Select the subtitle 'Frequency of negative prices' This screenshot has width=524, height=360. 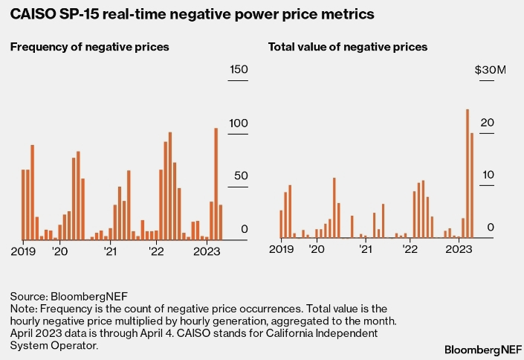point(89,47)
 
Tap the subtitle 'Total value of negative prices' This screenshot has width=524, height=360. point(347,47)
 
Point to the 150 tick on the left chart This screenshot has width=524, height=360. point(238,69)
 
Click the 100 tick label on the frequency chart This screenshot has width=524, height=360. point(238,123)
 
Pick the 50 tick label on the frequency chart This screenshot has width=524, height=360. point(239,176)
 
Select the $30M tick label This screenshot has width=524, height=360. point(491,70)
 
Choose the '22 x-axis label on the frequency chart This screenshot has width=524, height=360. point(156,252)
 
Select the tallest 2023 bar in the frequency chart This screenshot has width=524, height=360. point(216,183)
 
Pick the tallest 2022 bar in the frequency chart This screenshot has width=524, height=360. point(170,186)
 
